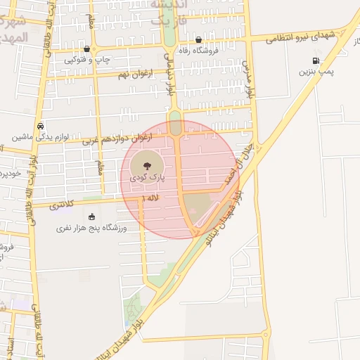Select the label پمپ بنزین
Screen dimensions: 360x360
click(319, 72)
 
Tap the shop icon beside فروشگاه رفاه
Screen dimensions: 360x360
click(199, 40)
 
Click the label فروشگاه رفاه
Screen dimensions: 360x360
click(225, 50)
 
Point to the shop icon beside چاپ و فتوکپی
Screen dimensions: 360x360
click(86, 49)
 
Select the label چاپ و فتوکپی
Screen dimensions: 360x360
click(87, 60)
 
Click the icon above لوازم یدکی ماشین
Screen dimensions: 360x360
click(41, 126)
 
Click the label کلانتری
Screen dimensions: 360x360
click(63, 204)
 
